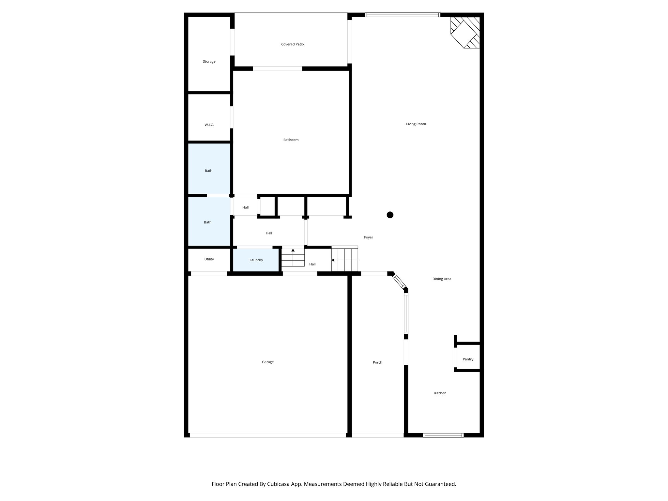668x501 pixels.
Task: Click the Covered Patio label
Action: click(x=292, y=44)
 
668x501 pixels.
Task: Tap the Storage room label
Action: click(x=209, y=62)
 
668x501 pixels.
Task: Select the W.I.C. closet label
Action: click(x=209, y=125)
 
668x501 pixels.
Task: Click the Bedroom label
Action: click(x=291, y=140)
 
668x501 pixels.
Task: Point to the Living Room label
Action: click(x=416, y=124)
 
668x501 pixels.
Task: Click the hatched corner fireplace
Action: click(x=465, y=32)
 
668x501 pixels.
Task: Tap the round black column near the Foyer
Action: click(x=390, y=215)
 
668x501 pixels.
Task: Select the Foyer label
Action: click(x=368, y=237)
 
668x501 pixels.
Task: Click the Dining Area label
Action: click(x=442, y=279)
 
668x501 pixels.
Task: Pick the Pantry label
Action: click(x=468, y=359)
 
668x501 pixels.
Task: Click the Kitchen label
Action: click(x=440, y=393)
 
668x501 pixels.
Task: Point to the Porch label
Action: click(x=377, y=362)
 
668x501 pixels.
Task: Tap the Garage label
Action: click(x=267, y=362)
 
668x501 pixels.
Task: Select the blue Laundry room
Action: click(x=256, y=260)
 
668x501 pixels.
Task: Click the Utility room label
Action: click(x=209, y=259)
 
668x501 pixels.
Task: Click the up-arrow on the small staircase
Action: click(x=293, y=250)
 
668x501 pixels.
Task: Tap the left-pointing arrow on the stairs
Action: click(x=333, y=260)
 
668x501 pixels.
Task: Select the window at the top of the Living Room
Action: click(x=402, y=15)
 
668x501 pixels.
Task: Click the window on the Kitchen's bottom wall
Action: click(x=443, y=435)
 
